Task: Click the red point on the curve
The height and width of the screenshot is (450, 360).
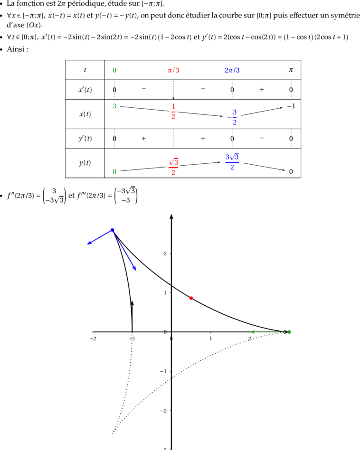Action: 191,298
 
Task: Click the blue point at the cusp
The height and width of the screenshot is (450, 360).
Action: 113,230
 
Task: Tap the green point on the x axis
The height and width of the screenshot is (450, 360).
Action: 289,332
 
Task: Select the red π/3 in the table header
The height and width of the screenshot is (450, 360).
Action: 173,70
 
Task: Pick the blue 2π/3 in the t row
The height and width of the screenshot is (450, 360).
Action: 232,70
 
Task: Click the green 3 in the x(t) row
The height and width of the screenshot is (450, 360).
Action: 114,106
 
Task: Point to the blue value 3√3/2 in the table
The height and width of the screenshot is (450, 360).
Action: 232,161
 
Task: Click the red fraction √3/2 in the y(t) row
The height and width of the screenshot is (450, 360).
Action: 173,167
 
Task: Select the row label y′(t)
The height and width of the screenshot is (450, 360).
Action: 85,139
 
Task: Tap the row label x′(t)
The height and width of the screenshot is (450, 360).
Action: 85,90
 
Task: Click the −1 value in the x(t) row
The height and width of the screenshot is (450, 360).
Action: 291,106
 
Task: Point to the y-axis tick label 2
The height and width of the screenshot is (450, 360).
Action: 165,253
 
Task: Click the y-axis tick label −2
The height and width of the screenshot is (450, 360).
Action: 163,411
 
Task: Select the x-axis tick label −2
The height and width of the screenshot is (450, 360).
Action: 93,338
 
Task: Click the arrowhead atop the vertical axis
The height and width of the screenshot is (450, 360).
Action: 171,216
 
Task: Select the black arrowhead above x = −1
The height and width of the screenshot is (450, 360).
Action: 132,303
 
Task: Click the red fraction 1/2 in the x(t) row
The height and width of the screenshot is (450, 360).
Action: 173,112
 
